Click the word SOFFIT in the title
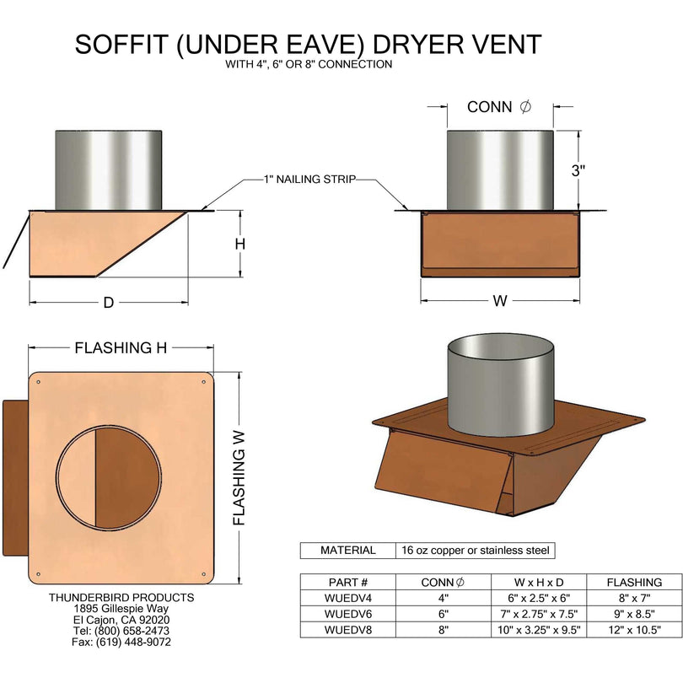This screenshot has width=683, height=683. [121, 45]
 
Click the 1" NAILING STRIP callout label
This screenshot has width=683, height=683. [309, 180]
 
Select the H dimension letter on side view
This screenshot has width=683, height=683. [239, 244]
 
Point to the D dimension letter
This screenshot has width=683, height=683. [108, 303]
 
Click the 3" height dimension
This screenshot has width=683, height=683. [578, 170]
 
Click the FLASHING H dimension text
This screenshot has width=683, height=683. [120, 347]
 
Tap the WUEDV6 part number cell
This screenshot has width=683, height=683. [347, 615]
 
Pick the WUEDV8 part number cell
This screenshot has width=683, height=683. [347, 630]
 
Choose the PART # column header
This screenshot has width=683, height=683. [347, 583]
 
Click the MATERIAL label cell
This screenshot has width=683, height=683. [347, 551]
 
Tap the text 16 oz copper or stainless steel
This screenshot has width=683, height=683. [475, 551]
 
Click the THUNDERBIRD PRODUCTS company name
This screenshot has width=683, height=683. [121, 597]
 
